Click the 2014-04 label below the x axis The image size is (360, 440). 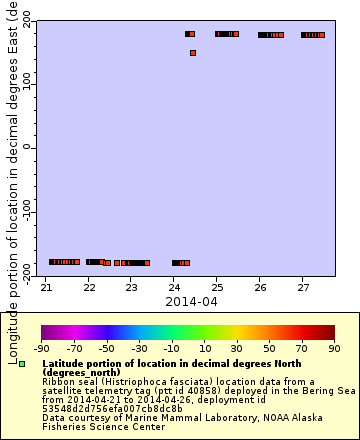[190, 300]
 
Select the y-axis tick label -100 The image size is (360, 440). [23, 213]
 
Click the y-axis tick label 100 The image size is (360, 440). [25, 84]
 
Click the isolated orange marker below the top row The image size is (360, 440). [193, 53]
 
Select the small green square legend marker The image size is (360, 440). [22, 364]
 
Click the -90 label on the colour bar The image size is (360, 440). [41, 349]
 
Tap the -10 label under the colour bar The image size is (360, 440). [171, 349]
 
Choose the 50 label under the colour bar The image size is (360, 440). [269, 349]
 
